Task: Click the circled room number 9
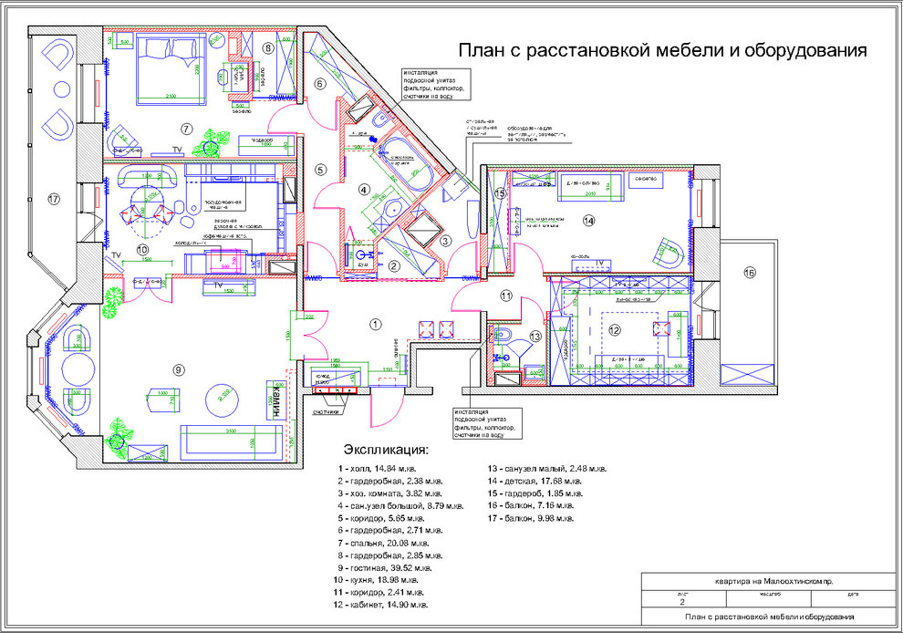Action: (x=179, y=369)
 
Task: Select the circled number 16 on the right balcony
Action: (x=750, y=273)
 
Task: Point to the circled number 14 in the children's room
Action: (x=588, y=220)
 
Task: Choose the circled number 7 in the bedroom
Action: (x=186, y=129)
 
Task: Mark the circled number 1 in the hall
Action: (x=374, y=323)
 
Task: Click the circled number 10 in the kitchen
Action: (x=142, y=249)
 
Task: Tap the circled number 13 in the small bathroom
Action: (x=536, y=337)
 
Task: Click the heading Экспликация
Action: (x=385, y=450)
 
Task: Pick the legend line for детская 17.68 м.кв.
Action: (x=536, y=481)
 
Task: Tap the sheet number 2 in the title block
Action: (x=681, y=602)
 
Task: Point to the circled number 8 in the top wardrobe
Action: (x=268, y=47)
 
